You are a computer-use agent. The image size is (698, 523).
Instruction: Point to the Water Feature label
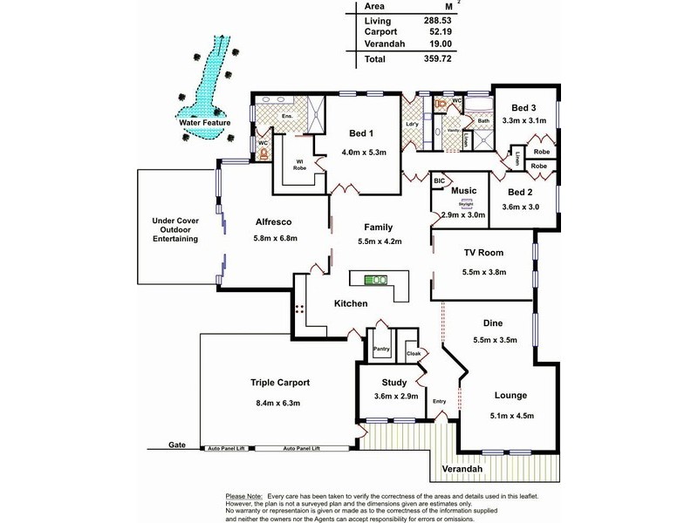point(202,124)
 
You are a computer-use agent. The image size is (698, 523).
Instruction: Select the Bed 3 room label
point(526,107)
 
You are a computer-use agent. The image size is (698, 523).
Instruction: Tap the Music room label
point(463,190)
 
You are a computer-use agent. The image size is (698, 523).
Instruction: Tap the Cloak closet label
point(414,354)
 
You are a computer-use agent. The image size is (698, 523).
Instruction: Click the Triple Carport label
point(280,382)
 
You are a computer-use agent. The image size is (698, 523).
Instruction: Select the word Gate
point(178,445)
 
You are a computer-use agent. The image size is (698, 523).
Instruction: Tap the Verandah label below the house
point(462,469)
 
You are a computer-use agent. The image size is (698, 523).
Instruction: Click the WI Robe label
point(298,164)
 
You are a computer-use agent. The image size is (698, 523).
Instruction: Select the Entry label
point(440,400)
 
